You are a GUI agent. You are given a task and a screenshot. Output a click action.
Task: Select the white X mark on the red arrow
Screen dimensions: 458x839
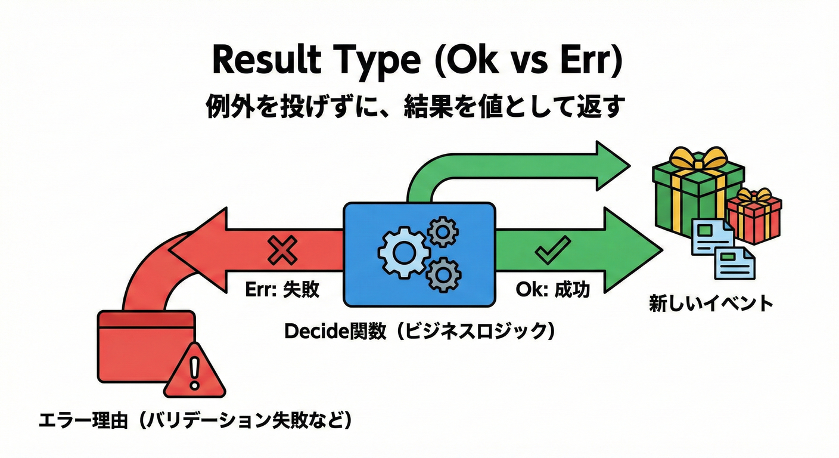[282, 249]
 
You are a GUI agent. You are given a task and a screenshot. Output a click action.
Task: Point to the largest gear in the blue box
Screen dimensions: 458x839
[403, 253]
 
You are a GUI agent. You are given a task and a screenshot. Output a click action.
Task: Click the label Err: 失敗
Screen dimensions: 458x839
[282, 290]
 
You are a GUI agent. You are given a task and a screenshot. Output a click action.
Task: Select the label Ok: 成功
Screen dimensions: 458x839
[552, 290]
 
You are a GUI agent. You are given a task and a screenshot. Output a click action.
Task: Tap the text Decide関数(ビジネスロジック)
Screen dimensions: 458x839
[420, 332]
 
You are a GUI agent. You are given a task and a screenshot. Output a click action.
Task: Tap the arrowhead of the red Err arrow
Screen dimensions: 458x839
[197, 249]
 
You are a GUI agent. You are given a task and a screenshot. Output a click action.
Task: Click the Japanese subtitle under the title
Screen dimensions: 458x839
[418, 107]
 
